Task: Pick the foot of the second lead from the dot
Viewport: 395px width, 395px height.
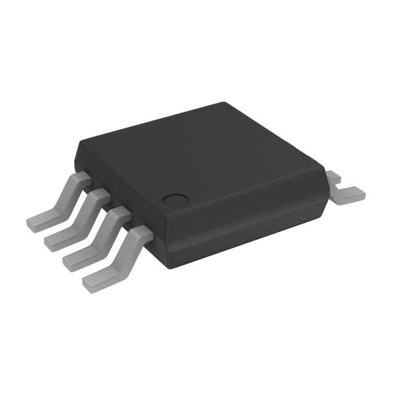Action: point(79,259)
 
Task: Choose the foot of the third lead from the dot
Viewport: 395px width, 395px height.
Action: point(60,240)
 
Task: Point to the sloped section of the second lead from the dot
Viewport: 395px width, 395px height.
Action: point(104,235)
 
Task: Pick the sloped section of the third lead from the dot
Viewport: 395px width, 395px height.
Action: point(84,217)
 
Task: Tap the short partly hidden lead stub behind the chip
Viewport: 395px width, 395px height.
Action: point(333,178)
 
